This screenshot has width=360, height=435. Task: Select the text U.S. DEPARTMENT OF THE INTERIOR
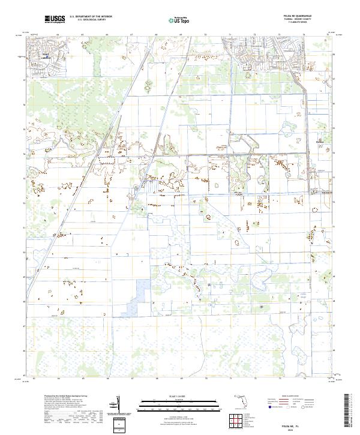[91, 16]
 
